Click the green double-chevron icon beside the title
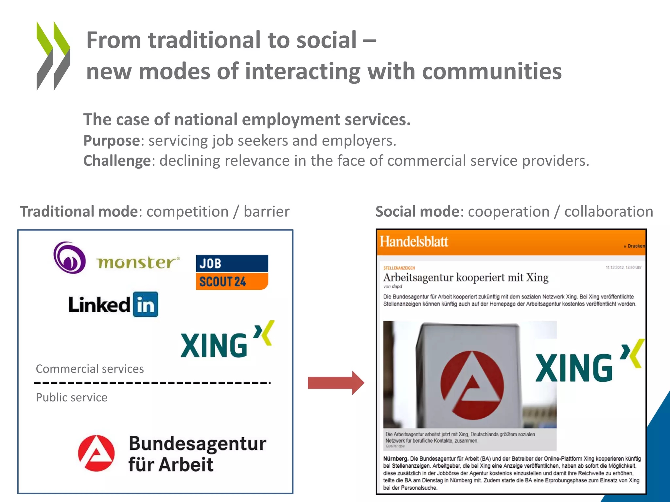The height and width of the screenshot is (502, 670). point(53,56)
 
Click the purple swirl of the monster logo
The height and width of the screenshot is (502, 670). point(69,257)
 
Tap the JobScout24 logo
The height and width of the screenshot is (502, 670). point(232,272)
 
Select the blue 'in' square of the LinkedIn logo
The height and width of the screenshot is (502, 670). point(146,304)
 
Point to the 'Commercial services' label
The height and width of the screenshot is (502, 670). point(90,369)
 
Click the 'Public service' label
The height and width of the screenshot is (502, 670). point(72,397)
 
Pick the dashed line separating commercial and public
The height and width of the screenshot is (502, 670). point(152,382)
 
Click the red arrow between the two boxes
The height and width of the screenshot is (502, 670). point(336,382)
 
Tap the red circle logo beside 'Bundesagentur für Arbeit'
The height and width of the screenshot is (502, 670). point(97,453)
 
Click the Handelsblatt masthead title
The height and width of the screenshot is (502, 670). point(414,242)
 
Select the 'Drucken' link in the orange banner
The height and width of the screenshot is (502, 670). point(636,246)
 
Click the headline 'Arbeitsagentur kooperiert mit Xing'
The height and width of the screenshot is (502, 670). point(466,277)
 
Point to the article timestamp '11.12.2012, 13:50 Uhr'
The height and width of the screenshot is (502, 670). point(623,268)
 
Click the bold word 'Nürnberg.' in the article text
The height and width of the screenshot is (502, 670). point(396,459)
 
